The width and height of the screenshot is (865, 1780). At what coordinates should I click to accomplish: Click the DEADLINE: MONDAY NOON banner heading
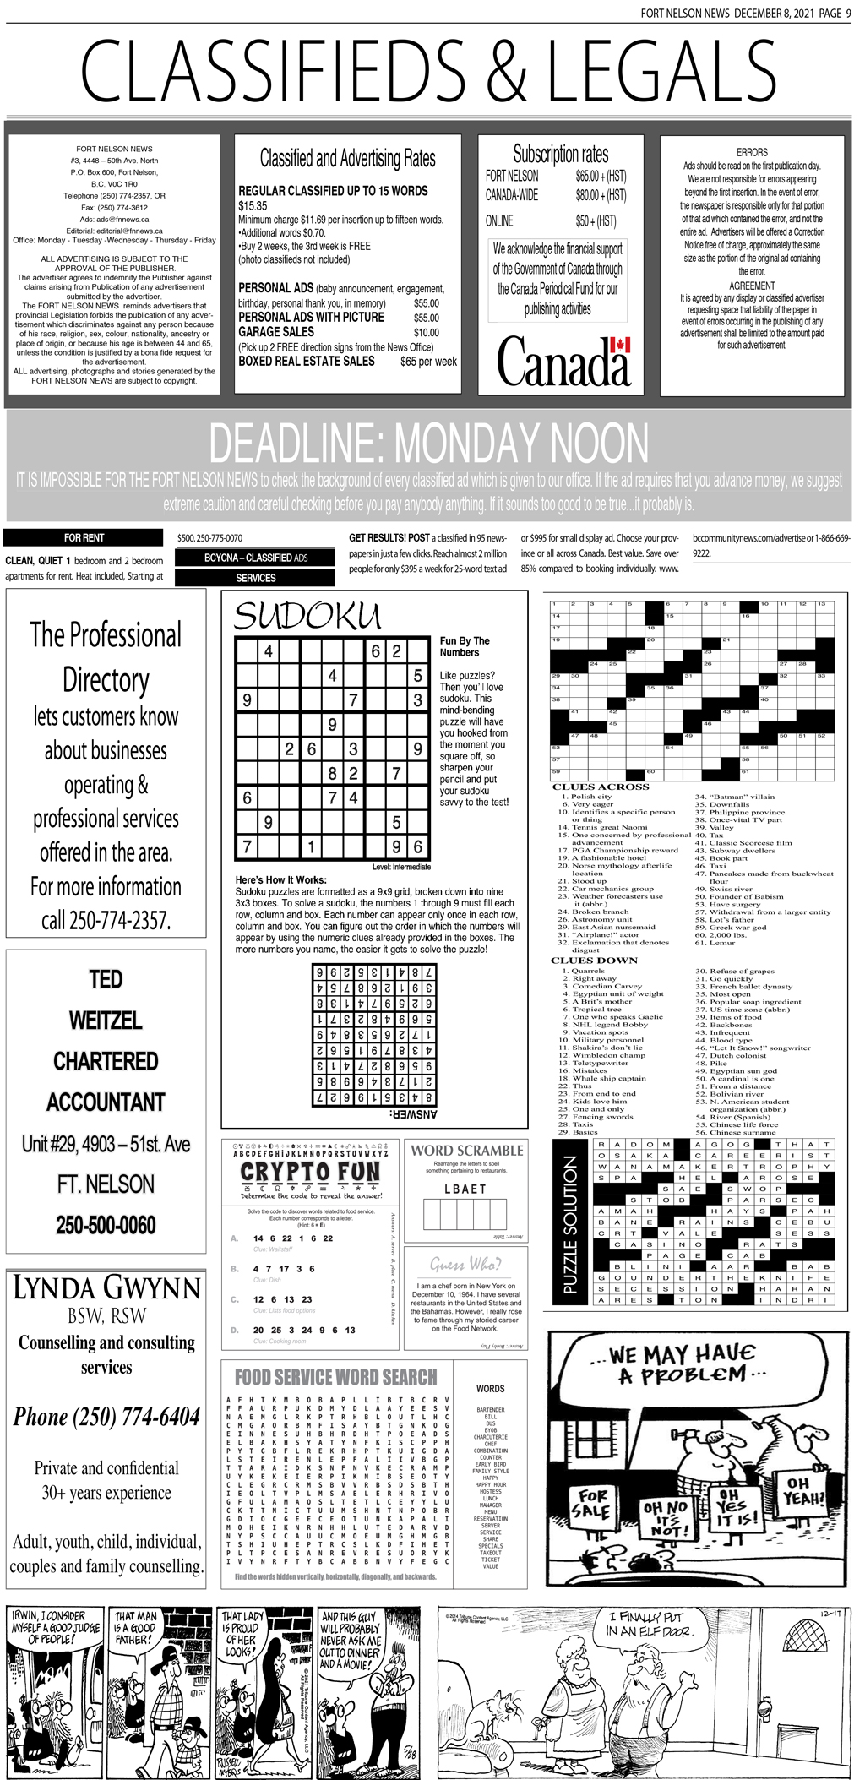[428, 443]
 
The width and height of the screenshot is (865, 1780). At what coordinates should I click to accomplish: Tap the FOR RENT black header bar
[84, 537]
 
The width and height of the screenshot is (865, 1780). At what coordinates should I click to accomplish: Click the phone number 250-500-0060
[106, 1225]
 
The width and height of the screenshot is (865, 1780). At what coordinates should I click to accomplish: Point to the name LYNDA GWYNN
[106, 1288]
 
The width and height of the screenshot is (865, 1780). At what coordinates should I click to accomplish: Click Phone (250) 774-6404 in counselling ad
[106, 1417]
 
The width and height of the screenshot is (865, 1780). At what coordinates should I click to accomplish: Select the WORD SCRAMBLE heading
[466, 1150]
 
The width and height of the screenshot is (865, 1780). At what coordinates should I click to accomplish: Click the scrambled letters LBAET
[465, 1189]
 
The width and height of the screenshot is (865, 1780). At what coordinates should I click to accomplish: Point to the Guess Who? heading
[465, 1264]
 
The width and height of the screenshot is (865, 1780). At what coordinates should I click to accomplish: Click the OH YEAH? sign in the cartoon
[803, 1492]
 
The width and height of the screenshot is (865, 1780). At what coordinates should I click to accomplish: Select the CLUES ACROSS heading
[600, 787]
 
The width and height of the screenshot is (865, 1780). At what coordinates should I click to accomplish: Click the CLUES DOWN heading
[594, 961]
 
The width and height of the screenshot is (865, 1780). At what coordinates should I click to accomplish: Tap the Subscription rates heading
[560, 154]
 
